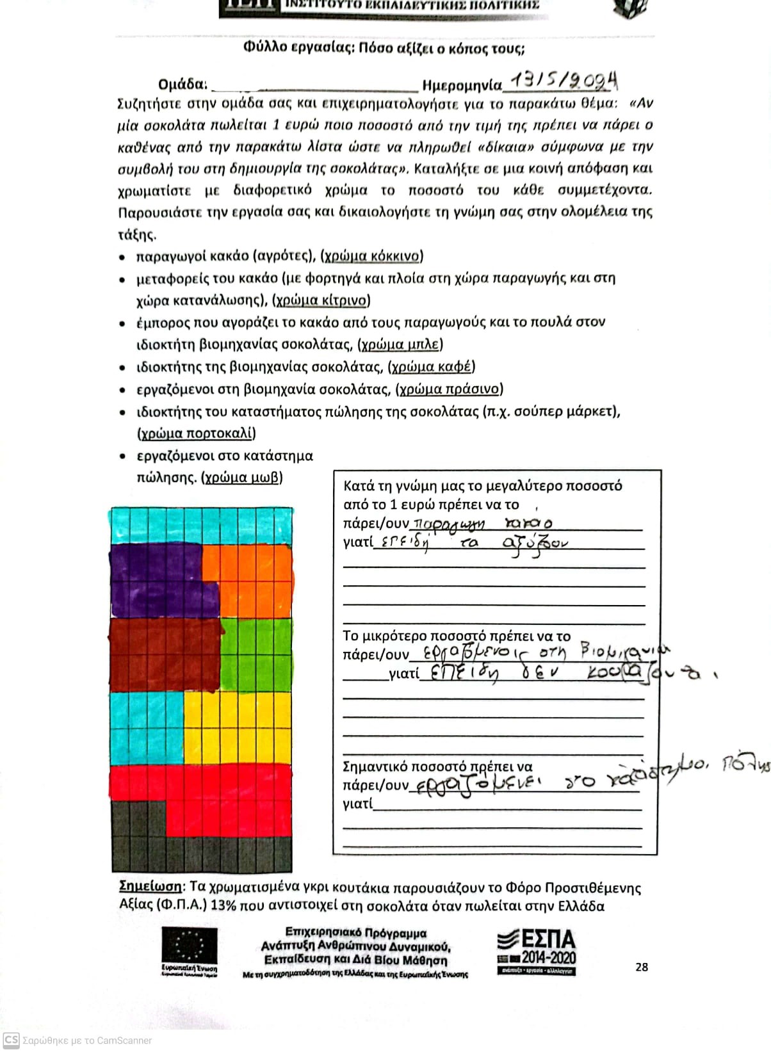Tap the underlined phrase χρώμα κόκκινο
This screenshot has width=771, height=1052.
click(371, 256)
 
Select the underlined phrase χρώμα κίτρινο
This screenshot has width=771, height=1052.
click(321, 300)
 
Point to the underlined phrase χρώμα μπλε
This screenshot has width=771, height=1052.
click(400, 344)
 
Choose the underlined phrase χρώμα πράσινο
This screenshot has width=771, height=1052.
click(449, 389)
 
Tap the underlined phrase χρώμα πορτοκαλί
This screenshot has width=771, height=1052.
click(197, 433)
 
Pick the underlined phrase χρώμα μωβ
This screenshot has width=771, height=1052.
click(242, 478)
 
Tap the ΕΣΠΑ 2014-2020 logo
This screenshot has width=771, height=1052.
click(537, 952)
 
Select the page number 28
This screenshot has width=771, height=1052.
click(642, 967)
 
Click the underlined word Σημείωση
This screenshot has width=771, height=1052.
click(150, 887)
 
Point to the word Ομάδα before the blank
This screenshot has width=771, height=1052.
click(183, 85)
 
